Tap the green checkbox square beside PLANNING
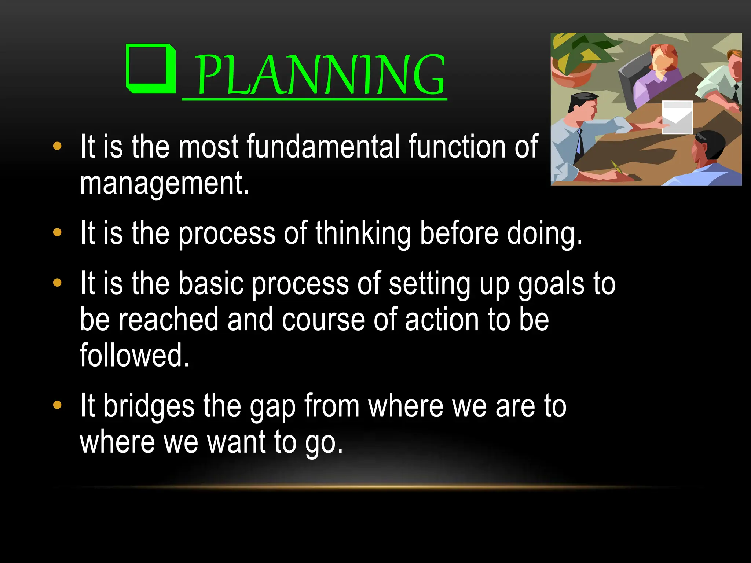pyautogui.click(x=151, y=69)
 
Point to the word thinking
pyautogui.click(x=363, y=233)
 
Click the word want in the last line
pyautogui.click(x=236, y=442)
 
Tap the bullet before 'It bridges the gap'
pyautogui.click(x=57, y=405)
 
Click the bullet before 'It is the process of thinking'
pyautogui.click(x=57, y=232)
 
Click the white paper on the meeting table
pyautogui.click(x=677, y=117)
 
